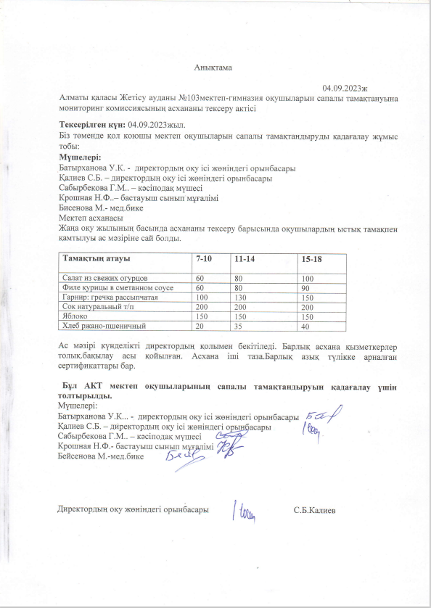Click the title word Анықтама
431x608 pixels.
pos(212,67)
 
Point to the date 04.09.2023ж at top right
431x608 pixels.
pos(345,86)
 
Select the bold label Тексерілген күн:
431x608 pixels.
pos(92,126)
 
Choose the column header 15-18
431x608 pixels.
pos(311,259)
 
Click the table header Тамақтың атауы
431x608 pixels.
pos(97,259)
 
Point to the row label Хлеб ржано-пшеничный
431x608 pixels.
pos(99,326)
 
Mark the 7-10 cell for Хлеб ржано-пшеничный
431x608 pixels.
pos(200,326)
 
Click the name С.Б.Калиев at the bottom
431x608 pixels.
pos(314,510)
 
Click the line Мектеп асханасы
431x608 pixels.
pos(91,218)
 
